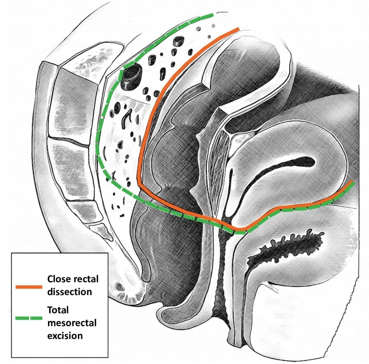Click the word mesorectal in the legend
tap(72, 323)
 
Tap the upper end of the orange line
tap(238, 29)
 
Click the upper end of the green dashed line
tap(212, 15)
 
